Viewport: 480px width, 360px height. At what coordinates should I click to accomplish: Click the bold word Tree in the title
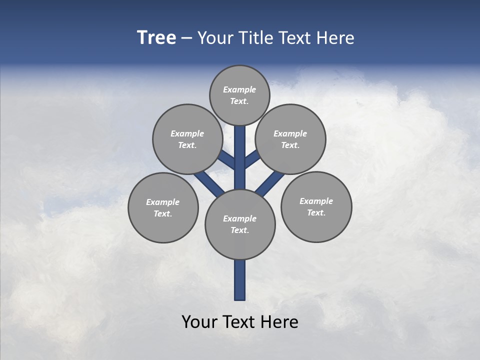tap(156, 37)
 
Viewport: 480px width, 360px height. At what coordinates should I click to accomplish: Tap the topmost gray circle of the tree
tap(239, 95)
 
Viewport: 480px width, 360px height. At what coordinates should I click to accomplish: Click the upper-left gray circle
tap(187, 139)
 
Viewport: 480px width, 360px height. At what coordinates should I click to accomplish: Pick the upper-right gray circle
tap(290, 139)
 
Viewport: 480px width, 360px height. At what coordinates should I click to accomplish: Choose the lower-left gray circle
tap(163, 207)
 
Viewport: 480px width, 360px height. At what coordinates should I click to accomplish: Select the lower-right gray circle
tap(316, 206)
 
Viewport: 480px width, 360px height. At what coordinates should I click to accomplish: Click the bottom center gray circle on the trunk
tap(240, 224)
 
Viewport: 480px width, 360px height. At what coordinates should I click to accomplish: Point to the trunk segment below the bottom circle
tap(240, 280)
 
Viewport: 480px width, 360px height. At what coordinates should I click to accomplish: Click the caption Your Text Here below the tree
tap(240, 322)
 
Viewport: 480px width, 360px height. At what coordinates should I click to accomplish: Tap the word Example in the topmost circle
tap(239, 89)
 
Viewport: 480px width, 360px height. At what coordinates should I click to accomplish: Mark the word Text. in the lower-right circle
tap(316, 212)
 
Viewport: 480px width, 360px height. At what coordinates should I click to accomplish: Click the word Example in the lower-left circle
tap(162, 202)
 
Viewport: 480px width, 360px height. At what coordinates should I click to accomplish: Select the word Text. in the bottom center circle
tap(239, 230)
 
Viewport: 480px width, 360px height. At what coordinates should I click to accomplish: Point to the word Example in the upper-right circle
tap(290, 133)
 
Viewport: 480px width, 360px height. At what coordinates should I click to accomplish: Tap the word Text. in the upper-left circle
tap(187, 145)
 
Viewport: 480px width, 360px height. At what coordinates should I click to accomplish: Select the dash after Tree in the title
tap(186, 38)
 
